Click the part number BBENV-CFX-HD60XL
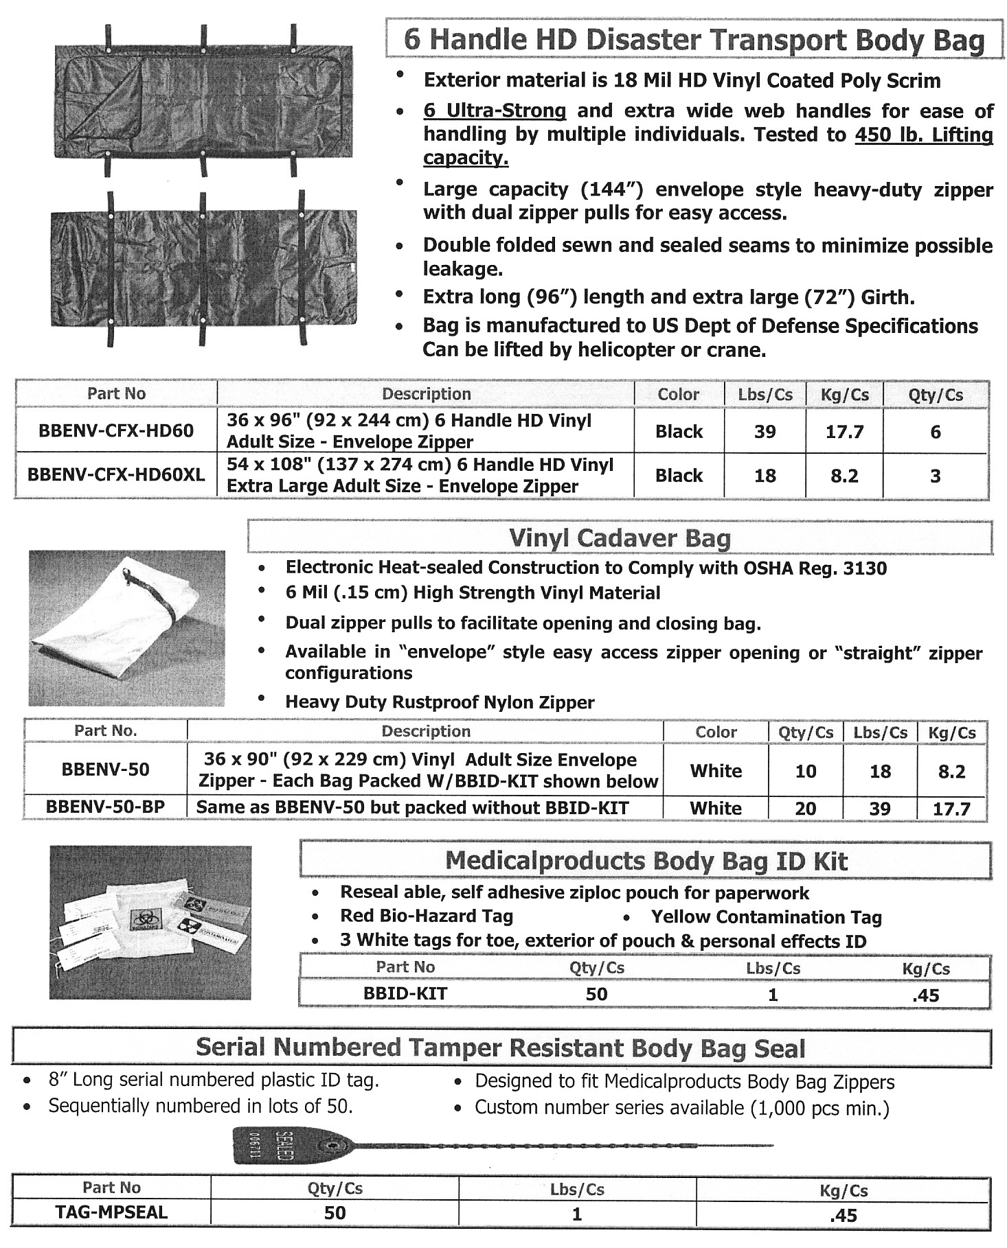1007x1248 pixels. click(x=116, y=475)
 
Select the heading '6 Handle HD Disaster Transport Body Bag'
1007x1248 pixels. click(x=694, y=40)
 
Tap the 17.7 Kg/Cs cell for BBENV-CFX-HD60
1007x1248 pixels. click(x=844, y=432)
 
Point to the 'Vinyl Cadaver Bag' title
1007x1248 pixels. click(x=620, y=538)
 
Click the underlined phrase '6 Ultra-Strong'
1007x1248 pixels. click(x=495, y=111)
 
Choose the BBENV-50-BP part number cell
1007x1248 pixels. click(x=105, y=807)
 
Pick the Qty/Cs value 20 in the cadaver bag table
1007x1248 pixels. click(x=805, y=809)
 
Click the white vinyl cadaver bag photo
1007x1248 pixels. click(x=126, y=627)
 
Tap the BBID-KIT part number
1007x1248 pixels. click(x=405, y=994)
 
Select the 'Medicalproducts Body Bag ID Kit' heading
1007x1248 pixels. click(x=646, y=861)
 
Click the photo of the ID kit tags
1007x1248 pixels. click(x=150, y=922)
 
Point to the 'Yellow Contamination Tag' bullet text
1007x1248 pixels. click(x=766, y=917)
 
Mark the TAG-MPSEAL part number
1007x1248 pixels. click(x=111, y=1213)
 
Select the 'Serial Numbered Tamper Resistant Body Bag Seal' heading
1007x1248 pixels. click(x=500, y=1048)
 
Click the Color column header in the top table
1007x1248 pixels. click(x=678, y=395)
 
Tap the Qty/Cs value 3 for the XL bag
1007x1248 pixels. click(x=935, y=476)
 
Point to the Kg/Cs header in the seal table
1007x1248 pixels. click(x=844, y=1190)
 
